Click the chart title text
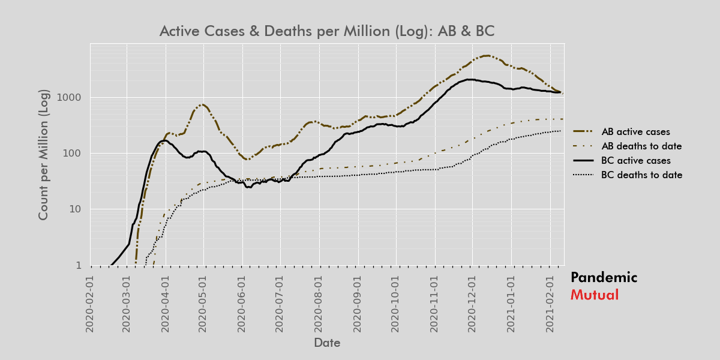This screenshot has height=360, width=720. coord(326,31)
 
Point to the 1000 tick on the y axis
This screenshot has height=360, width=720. coord(70,97)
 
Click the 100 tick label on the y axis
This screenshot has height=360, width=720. coord(73,153)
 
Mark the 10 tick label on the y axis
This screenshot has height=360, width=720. coord(76,209)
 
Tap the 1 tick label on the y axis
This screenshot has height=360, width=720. coord(79,265)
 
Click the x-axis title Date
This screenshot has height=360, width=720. coord(327,343)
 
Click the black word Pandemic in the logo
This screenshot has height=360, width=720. coord(604,277)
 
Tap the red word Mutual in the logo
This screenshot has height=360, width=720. coord(594,295)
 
